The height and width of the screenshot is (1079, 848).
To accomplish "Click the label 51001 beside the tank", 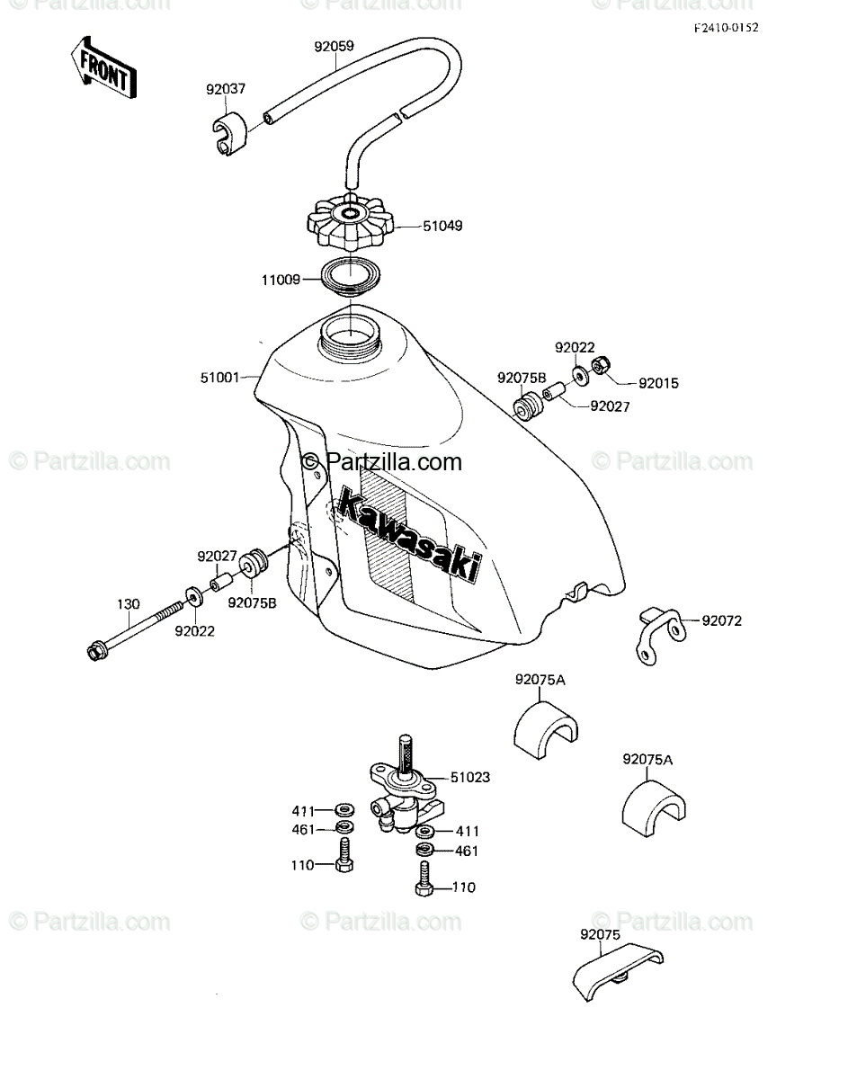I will (219, 378).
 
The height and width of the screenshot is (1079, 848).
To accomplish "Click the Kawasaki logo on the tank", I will (409, 537).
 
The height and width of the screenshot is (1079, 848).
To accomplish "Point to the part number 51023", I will (470, 778).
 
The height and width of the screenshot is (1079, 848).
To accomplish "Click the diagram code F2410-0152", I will (726, 28).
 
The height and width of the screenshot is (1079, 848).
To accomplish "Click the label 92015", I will (658, 384).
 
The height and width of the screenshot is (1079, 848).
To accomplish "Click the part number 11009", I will (280, 281).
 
